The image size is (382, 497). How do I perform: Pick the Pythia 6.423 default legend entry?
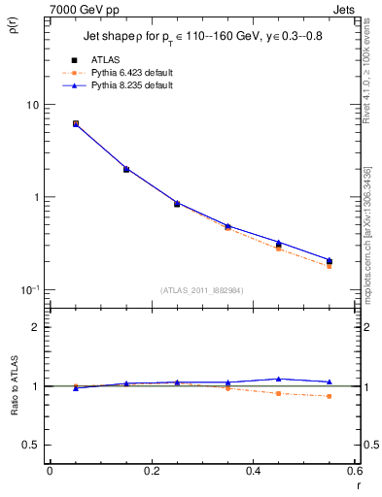[x=116, y=73]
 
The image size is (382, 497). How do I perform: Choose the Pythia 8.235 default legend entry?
[x=116, y=85]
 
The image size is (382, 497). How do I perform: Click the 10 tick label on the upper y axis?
[x=32, y=105]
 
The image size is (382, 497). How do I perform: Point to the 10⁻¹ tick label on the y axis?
[x=29, y=289]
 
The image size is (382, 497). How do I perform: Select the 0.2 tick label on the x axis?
[x=151, y=471]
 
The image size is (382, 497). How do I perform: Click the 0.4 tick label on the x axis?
[x=253, y=471]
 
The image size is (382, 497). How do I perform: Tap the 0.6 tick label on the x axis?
[x=354, y=471]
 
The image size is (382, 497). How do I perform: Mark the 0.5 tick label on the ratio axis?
[x=31, y=446]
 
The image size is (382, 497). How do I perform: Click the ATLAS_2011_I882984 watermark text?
[x=202, y=290]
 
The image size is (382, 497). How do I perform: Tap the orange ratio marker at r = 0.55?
[x=329, y=396]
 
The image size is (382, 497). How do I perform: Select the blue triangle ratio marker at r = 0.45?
[x=278, y=379]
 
